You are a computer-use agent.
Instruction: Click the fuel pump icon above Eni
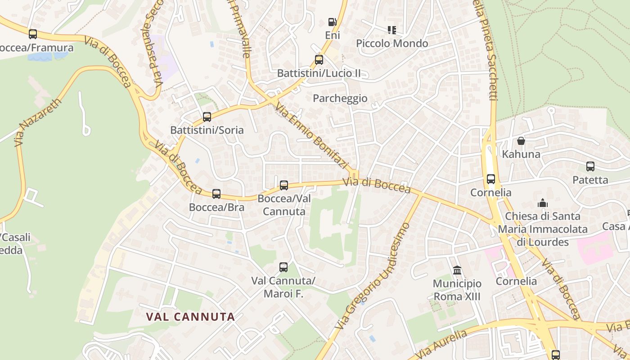[x=332, y=22]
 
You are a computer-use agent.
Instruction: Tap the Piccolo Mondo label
[x=392, y=43]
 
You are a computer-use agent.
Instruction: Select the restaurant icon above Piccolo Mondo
[x=392, y=30]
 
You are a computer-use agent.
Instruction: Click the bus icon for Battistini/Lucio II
[x=319, y=59]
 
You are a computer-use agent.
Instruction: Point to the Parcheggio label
[x=340, y=98]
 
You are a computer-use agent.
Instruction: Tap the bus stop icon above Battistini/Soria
[x=207, y=117]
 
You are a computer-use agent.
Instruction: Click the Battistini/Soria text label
[x=207, y=130]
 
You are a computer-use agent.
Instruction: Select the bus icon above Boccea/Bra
[x=216, y=194]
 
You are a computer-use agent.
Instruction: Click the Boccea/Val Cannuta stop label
[x=284, y=205]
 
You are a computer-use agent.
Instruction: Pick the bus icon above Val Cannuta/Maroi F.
[x=283, y=267]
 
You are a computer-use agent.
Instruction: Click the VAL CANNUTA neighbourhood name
[x=190, y=317]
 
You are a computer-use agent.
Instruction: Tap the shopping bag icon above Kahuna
[x=521, y=141]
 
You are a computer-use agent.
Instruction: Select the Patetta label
[x=590, y=180]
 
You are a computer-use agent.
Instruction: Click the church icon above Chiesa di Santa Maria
[x=543, y=203]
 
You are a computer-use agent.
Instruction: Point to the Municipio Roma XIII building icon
[x=457, y=270]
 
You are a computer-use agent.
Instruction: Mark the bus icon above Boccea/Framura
[x=33, y=34]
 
